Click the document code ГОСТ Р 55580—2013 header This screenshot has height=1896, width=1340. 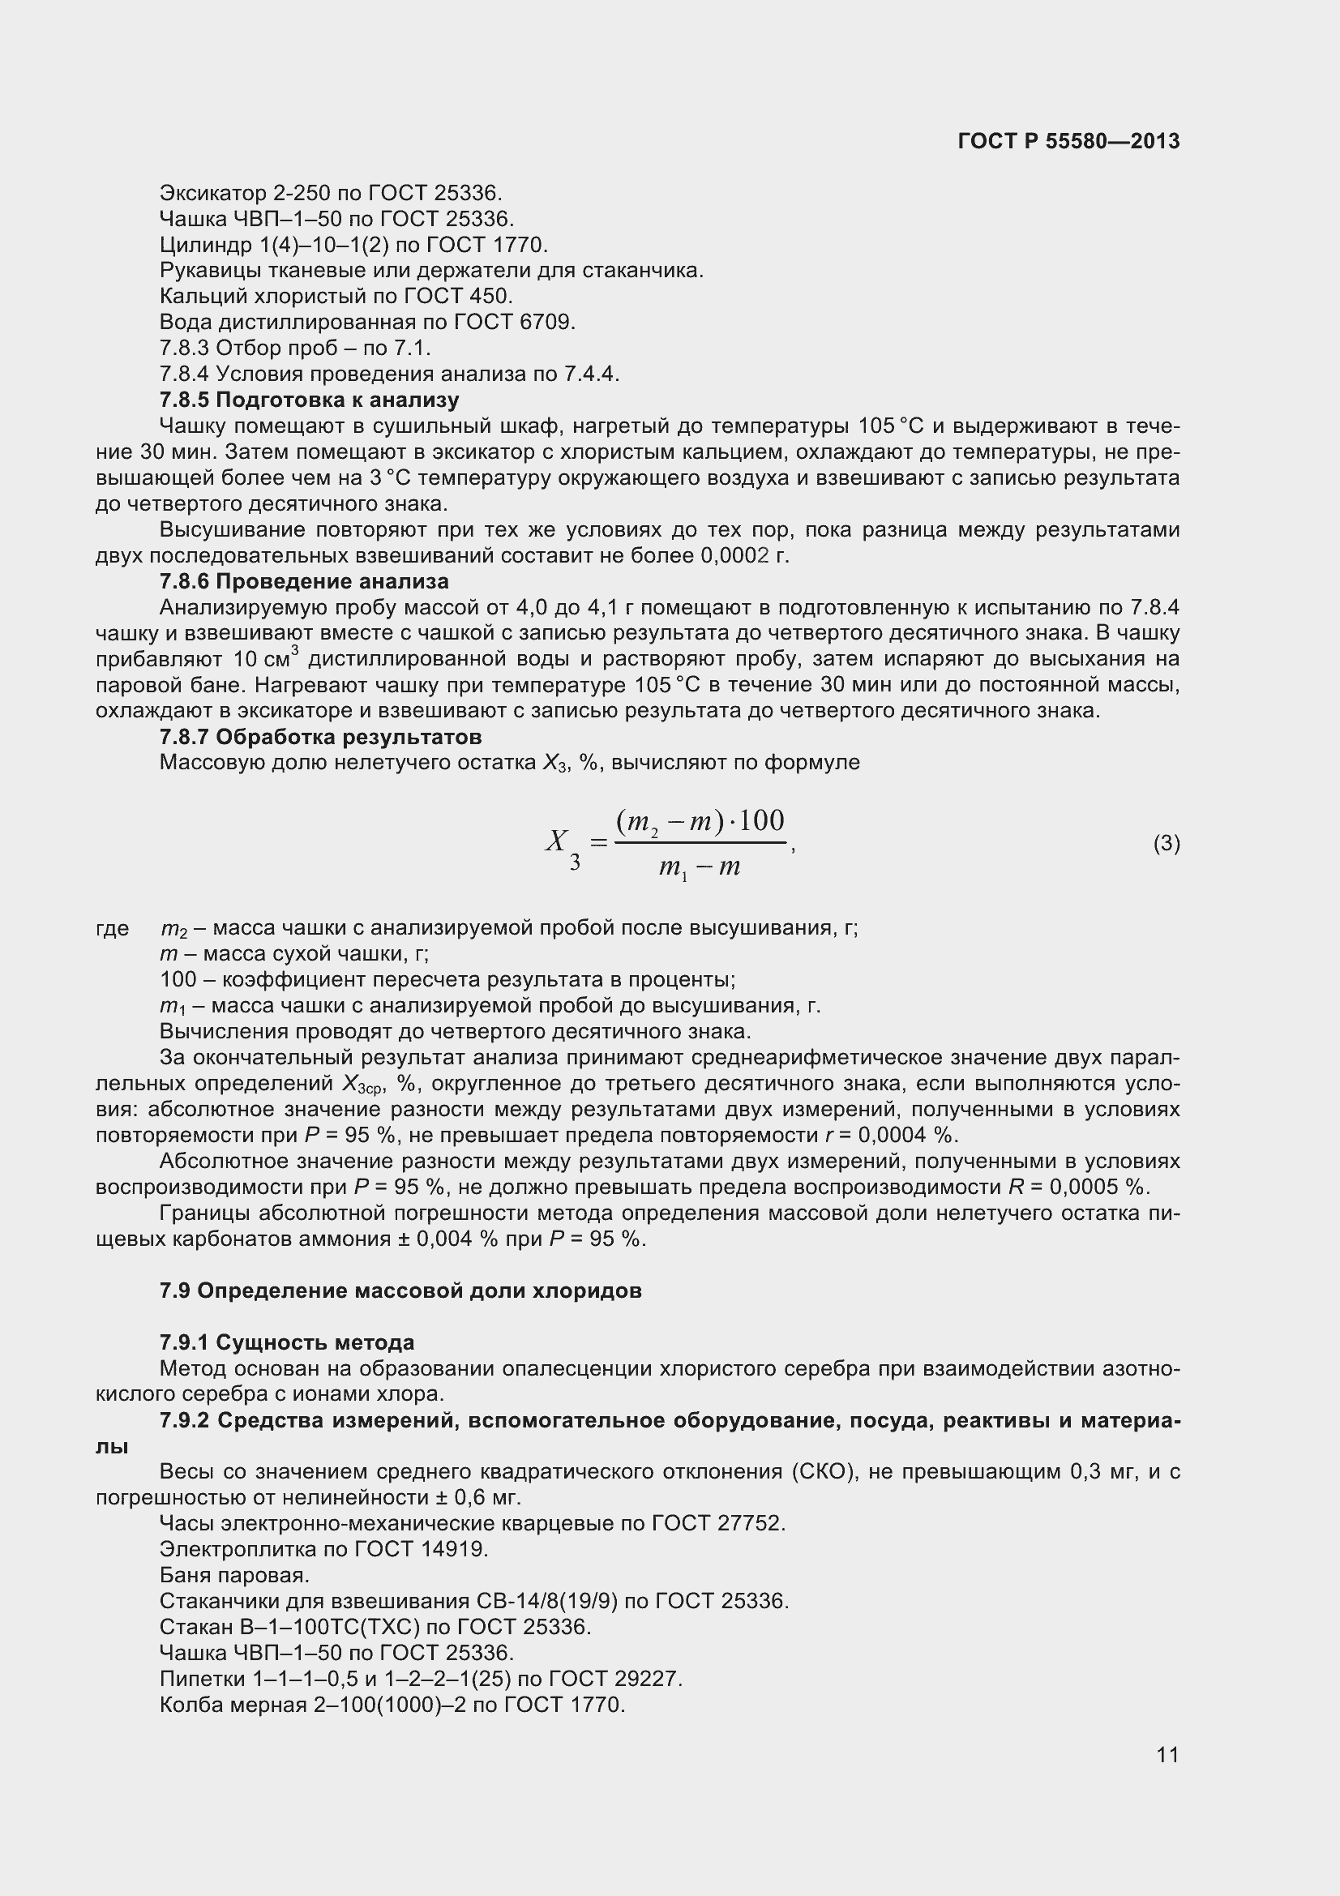[1068, 141]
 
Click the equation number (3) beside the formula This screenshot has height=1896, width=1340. [1166, 843]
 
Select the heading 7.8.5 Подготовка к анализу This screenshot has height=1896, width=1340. [309, 400]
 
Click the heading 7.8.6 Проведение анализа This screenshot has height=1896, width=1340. [304, 581]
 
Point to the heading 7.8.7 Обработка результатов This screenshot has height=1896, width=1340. [320, 737]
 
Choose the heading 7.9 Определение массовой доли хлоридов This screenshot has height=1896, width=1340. [400, 1290]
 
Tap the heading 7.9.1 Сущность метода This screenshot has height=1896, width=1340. [286, 1342]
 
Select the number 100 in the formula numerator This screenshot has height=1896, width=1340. [761, 820]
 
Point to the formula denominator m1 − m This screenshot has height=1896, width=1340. [700, 868]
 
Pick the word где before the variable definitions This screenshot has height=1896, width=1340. [113, 928]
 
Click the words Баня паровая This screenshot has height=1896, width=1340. [234, 1575]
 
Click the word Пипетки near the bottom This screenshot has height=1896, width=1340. [200, 1679]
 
